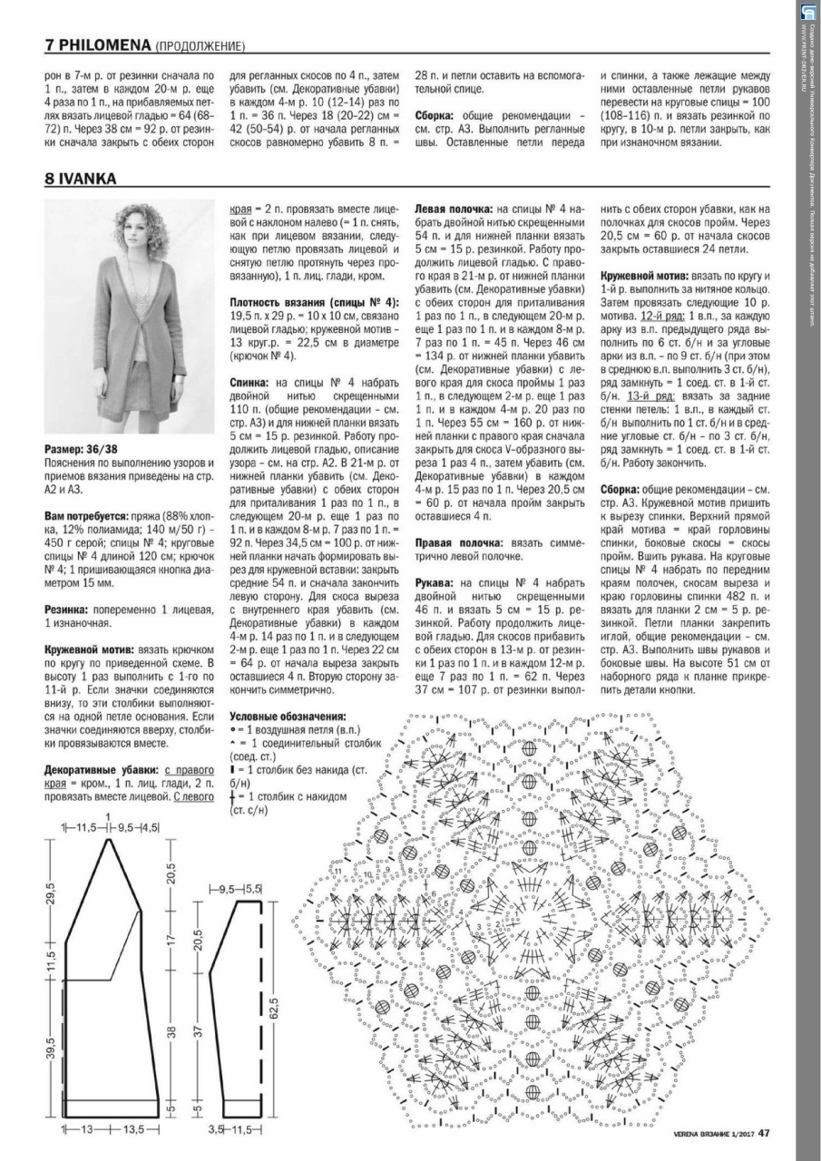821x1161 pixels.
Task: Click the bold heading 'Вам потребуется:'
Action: pos(85,512)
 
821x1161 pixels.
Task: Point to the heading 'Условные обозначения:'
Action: pos(288,715)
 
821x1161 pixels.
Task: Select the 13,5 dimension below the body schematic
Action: pos(134,1130)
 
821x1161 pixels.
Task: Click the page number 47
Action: pos(765,1130)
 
